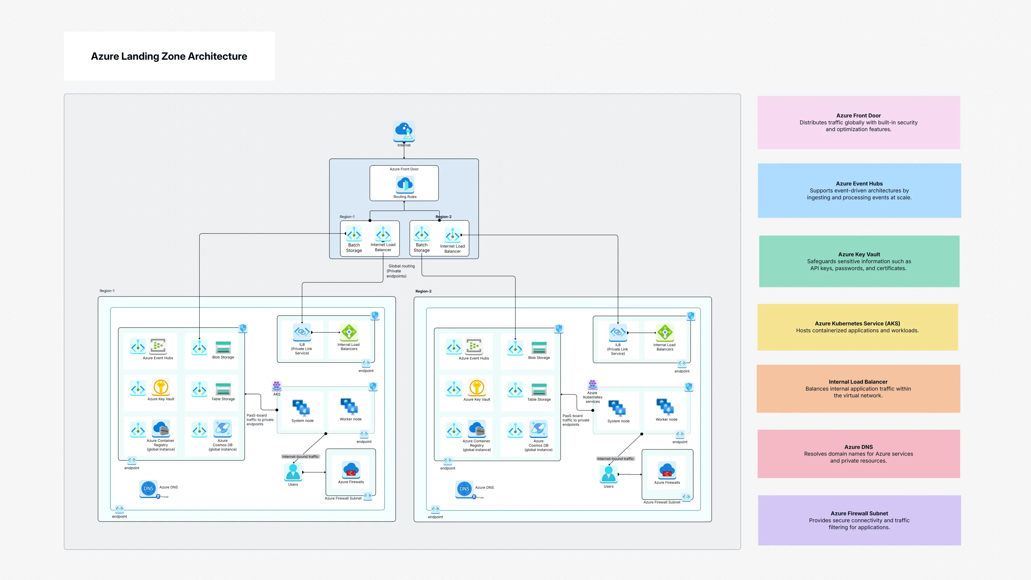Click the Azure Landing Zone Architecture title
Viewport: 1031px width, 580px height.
pyautogui.click(x=169, y=56)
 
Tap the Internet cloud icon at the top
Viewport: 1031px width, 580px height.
pyautogui.click(x=404, y=131)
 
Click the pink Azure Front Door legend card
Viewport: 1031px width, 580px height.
pyautogui.click(x=858, y=123)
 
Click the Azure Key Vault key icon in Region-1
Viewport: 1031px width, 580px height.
pyautogui.click(x=161, y=387)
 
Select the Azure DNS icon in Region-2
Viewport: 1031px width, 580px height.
pyautogui.click(x=464, y=489)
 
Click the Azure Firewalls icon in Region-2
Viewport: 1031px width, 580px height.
pyautogui.click(x=667, y=471)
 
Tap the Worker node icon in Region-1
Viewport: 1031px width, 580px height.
pyautogui.click(x=349, y=406)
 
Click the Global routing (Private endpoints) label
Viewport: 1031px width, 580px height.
pyautogui.click(x=400, y=271)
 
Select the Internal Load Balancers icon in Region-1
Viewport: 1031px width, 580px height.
pyautogui.click(x=349, y=332)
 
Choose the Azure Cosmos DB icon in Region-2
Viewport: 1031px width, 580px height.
pyautogui.click(x=538, y=429)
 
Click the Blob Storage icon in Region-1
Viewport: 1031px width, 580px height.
pyautogui.click(x=223, y=347)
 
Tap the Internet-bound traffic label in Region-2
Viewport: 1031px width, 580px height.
pyautogui.click(x=615, y=459)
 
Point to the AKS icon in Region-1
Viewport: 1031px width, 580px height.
pyautogui.click(x=277, y=386)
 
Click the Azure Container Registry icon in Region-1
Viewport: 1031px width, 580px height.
pyautogui.click(x=161, y=429)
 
